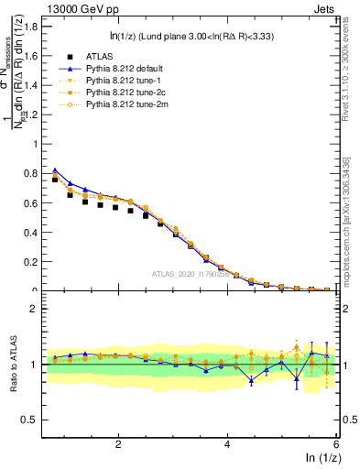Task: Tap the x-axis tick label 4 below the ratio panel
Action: click(x=227, y=443)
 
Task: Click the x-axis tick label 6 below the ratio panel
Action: click(x=335, y=443)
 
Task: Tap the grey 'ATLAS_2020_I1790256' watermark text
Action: click(x=196, y=274)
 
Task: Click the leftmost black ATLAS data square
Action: click(x=56, y=180)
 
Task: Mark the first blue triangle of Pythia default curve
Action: click(x=56, y=170)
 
